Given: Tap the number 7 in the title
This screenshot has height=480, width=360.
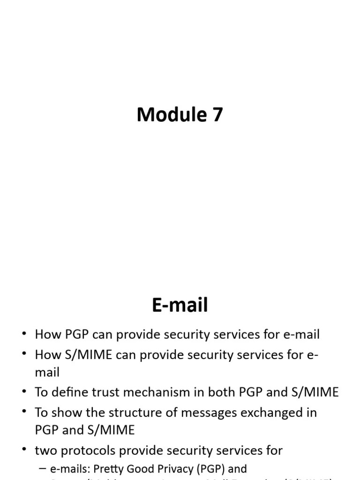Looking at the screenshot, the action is [217, 115].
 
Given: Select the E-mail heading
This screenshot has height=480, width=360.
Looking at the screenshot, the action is [180, 305].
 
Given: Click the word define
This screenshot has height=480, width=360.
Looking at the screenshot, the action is [69, 392].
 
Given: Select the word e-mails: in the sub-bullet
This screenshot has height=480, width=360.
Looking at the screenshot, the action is [67, 469].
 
